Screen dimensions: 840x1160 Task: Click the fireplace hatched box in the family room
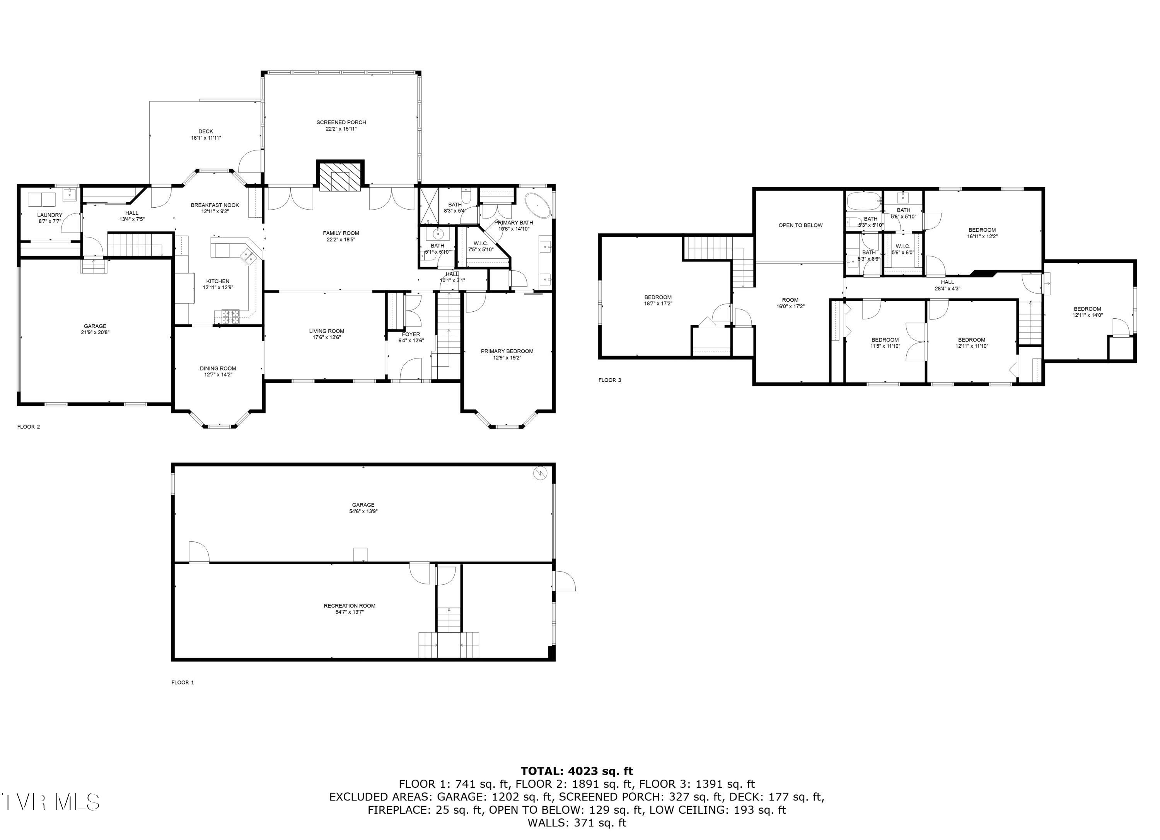pyautogui.click(x=340, y=176)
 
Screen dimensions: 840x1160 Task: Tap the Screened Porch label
pyautogui.click(x=341, y=122)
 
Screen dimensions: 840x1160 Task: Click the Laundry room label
pyautogui.click(x=49, y=215)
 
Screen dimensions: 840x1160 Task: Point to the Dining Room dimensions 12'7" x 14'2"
pyautogui.click(x=218, y=374)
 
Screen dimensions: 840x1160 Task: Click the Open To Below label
pyautogui.click(x=800, y=225)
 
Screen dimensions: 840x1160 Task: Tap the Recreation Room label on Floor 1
pyautogui.click(x=349, y=606)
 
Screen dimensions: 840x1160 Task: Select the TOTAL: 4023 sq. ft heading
pyautogui.click(x=577, y=771)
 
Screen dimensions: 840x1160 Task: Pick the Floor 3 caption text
pyautogui.click(x=610, y=380)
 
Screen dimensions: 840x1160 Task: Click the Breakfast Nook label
pyautogui.click(x=215, y=205)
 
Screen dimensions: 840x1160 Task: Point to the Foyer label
pyautogui.click(x=411, y=334)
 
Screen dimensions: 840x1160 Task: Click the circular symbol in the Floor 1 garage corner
pyautogui.click(x=540, y=474)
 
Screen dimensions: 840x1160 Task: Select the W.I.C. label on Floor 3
pyautogui.click(x=903, y=246)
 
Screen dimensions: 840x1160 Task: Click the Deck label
pyautogui.click(x=206, y=131)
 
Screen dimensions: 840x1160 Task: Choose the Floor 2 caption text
pyautogui.click(x=29, y=427)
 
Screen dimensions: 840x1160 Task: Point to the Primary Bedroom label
pyautogui.click(x=507, y=351)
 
